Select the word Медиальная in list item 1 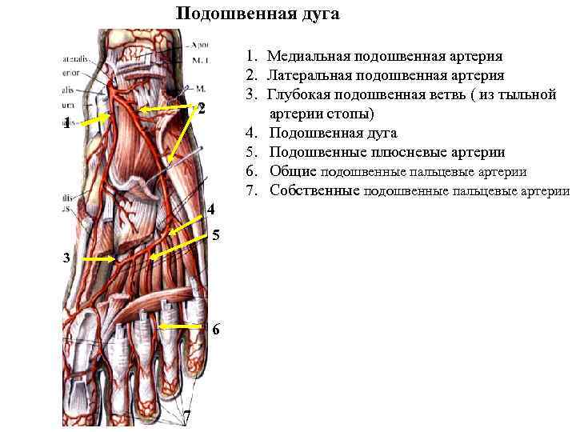306,56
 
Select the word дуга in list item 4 380,133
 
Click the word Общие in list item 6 293,171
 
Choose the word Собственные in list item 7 314,190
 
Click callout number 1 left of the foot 69,122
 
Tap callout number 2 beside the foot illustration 202,108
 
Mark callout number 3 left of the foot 69,258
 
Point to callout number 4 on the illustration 210,210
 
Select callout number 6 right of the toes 216,330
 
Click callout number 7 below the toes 186,415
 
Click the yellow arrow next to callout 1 95,118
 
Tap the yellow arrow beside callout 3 99,259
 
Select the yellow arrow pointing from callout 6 180,326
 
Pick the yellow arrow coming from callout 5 181,243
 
